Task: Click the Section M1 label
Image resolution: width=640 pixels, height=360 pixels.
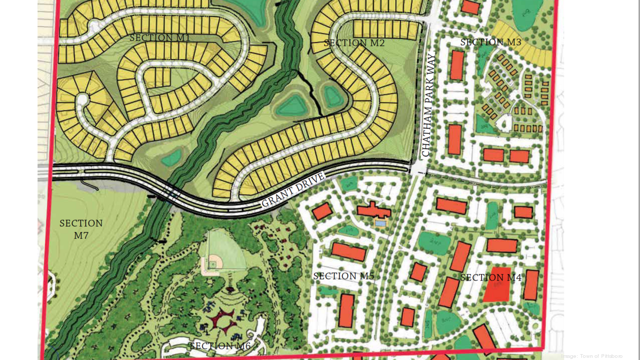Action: pyautogui.click(x=159, y=38)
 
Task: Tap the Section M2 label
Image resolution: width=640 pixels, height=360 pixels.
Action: pyautogui.click(x=354, y=43)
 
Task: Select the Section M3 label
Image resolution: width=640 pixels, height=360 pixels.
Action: pyautogui.click(x=491, y=42)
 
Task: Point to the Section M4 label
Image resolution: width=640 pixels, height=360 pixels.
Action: pyautogui.click(x=491, y=277)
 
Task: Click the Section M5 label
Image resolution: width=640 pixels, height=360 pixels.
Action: pyautogui.click(x=343, y=276)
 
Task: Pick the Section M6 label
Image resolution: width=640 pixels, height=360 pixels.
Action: pyautogui.click(x=220, y=346)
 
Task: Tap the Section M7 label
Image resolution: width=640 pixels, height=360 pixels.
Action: pyautogui.click(x=81, y=229)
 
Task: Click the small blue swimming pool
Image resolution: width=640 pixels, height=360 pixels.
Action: pyautogui.click(x=380, y=222)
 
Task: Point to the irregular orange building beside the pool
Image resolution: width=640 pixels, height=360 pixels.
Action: pyautogui.click(x=373, y=209)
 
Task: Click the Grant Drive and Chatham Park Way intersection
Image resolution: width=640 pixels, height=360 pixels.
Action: pyautogui.click(x=419, y=170)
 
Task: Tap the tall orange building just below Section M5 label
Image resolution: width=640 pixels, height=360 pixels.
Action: pyautogui.click(x=347, y=310)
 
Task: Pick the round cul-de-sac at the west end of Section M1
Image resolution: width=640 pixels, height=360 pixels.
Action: pyautogui.click(x=83, y=100)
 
